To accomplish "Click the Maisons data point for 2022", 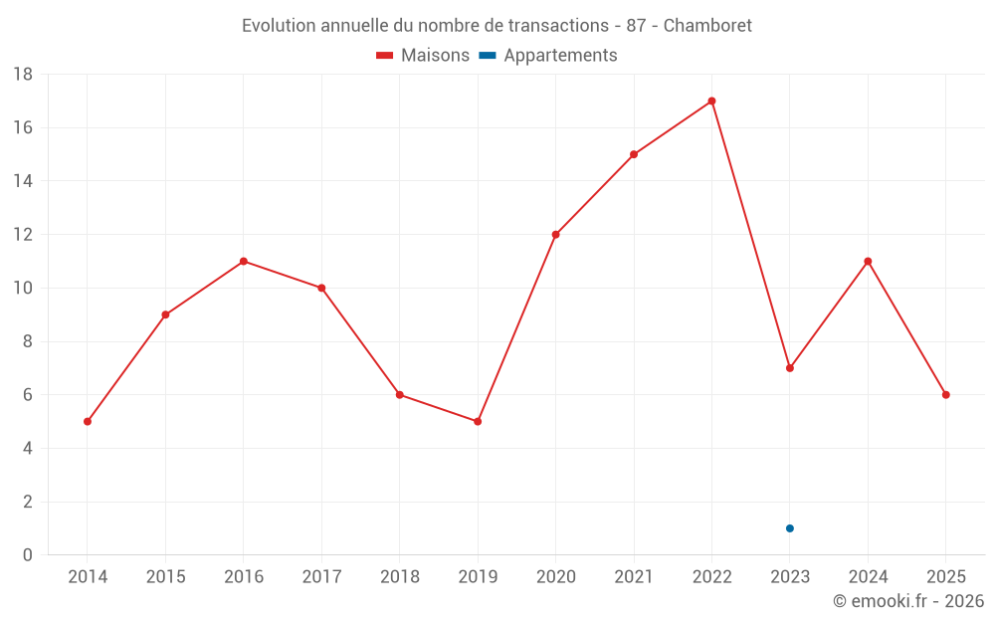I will point(711,101).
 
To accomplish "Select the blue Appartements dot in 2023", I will point(790,528).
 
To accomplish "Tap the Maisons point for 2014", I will point(88,421).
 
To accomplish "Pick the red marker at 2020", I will point(555,235).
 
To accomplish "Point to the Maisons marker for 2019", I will point(478,421).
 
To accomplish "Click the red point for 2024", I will point(868,262).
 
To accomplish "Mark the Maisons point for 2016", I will point(244,262).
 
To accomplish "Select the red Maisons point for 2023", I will point(790,368).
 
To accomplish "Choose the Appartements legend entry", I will point(548,56).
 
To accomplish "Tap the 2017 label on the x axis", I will point(321,577).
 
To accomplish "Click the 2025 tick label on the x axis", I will point(945,577).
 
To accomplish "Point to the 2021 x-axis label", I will point(634,577).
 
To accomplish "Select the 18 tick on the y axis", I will point(22,75).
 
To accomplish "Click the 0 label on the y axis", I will point(28,555).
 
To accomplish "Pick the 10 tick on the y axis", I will point(22,289).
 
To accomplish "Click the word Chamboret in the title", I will point(707,25).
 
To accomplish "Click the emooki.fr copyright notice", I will point(908,601).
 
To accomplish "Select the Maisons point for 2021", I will point(634,154).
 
